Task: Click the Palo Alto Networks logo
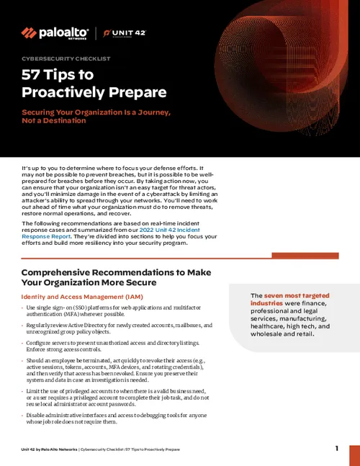point(55,33)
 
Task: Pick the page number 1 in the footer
point(336,449)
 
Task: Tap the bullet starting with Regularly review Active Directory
point(115,329)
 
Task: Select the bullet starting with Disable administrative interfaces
point(115,420)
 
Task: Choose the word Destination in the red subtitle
point(62,121)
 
